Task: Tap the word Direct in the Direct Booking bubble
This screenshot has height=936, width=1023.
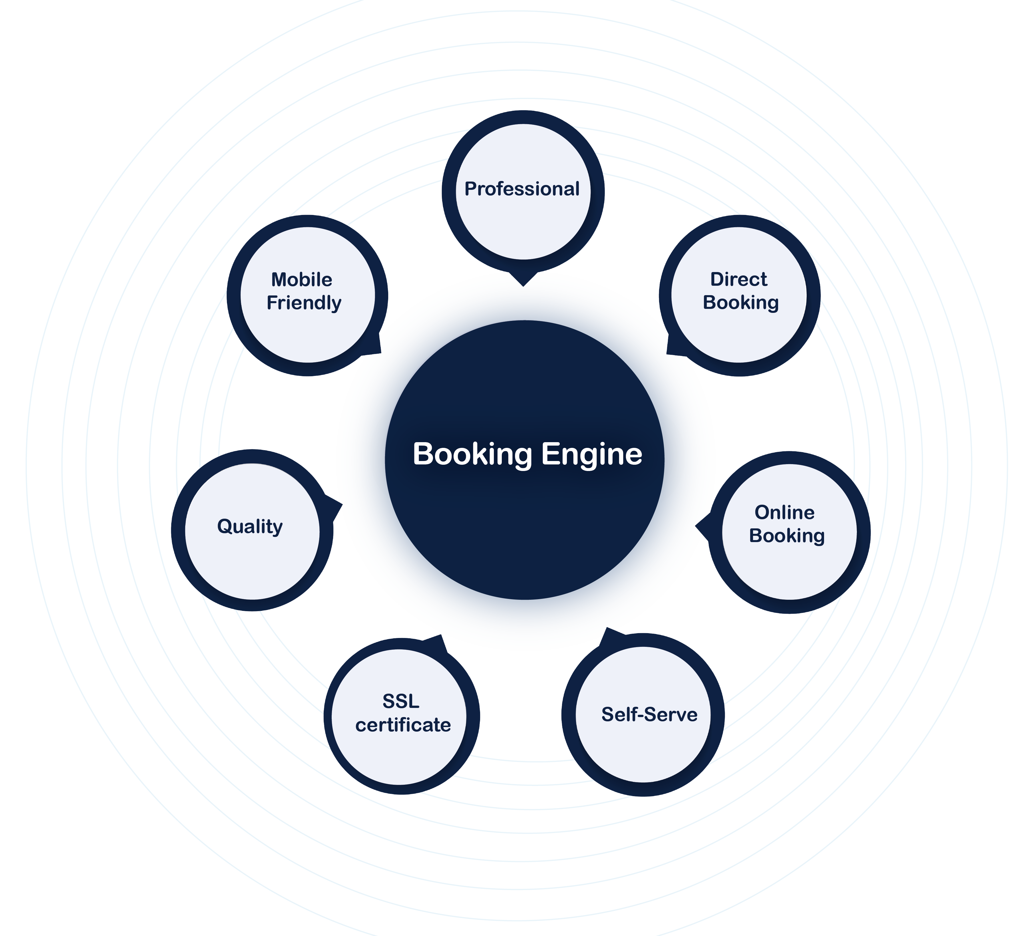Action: [738, 279]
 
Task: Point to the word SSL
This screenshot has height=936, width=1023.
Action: [401, 701]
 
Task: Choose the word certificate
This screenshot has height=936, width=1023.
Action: [403, 725]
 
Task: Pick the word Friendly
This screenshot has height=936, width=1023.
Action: [304, 303]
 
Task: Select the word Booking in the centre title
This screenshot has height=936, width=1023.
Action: [472, 454]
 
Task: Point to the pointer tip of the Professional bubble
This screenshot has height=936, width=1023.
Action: [523, 285]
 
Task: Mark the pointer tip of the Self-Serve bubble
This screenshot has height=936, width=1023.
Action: [606, 628]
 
